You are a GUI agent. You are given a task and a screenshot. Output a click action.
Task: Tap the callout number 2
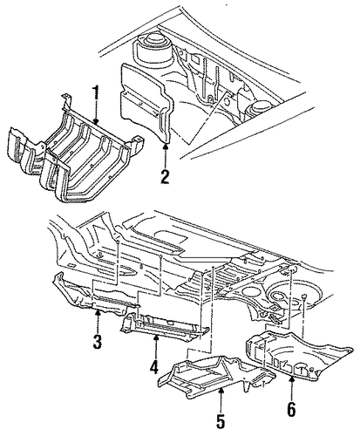pyautogui.click(x=165, y=177)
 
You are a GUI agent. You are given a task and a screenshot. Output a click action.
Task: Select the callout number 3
pyautogui.click(x=97, y=342)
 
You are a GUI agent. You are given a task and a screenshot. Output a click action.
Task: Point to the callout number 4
pyautogui.click(x=153, y=366)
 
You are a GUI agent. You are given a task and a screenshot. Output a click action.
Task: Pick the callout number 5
pyautogui.click(x=221, y=420)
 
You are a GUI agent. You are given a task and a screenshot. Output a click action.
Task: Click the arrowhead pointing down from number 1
pyautogui.click(x=96, y=121)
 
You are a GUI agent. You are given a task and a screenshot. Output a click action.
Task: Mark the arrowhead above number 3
pyautogui.click(x=98, y=313)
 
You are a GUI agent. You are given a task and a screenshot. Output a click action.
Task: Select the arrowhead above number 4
pyautogui.click(x=155, y=337)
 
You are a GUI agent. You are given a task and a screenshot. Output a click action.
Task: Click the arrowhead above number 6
pyautogui.click(x=291, y=378)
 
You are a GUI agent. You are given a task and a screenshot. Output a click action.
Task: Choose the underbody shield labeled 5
pyautogui.click(x=216, y=373)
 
